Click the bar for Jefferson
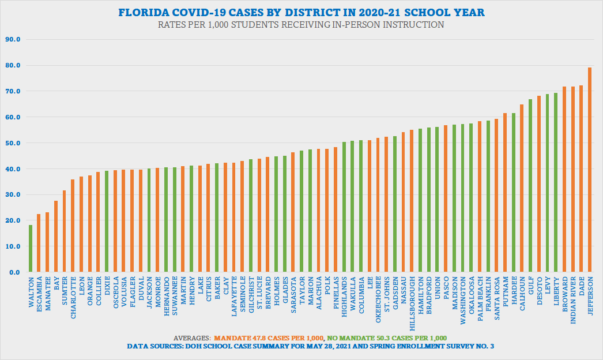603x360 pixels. tap(589, 170)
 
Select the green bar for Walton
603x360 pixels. tap(31, 249)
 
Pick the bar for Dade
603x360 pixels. tap(581, 179)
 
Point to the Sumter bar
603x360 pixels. tap(64, 231)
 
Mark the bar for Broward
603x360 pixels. tap(564, 179)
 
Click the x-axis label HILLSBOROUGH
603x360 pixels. tap(412, 301)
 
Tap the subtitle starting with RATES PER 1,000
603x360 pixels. tap(301, 25)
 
